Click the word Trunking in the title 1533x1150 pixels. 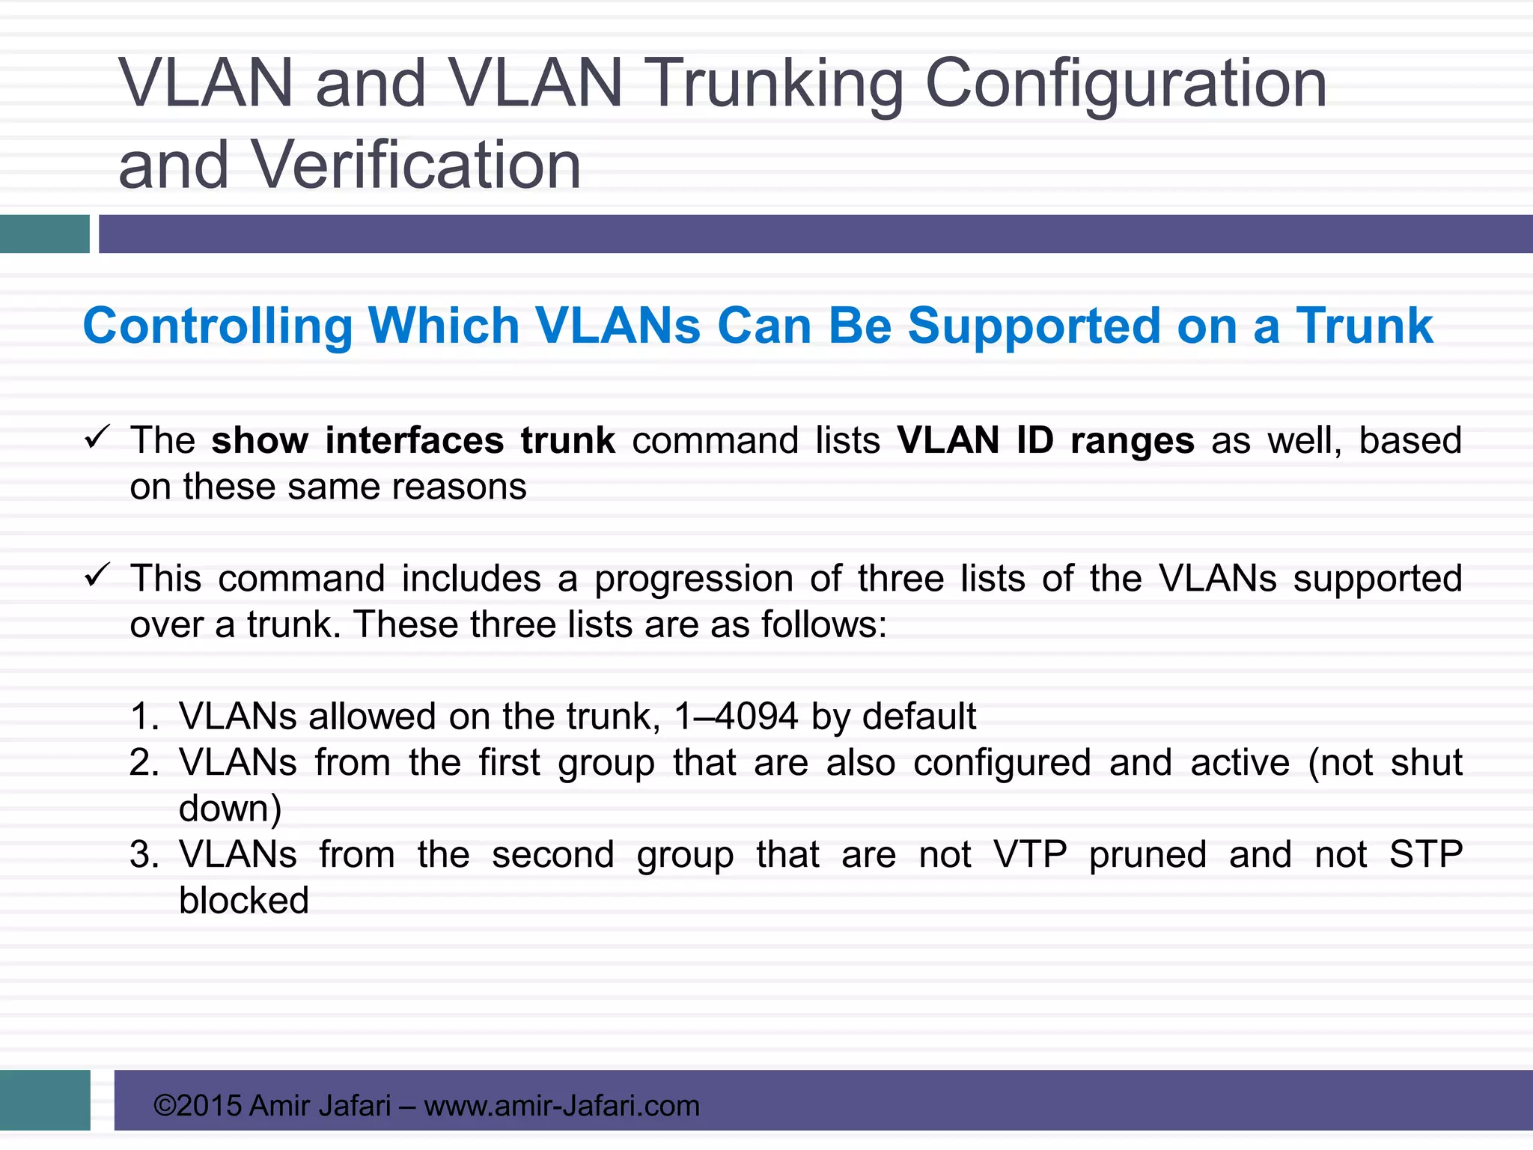774,84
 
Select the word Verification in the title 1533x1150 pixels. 415,165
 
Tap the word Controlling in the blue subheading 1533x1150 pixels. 217,326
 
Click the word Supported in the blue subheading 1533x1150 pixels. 1033,326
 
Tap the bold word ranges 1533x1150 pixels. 1132,440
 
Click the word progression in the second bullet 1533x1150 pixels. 694,579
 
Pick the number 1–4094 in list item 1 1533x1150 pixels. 736,717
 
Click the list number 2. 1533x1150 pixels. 143,763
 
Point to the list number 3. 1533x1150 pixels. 143,855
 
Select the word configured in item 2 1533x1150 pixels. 1002,763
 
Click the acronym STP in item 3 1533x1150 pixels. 1425,855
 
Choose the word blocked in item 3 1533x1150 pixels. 244,901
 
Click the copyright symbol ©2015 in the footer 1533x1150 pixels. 197,1106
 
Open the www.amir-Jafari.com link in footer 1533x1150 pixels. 561,1106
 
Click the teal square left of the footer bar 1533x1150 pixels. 45,1100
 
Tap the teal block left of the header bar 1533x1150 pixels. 45,234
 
